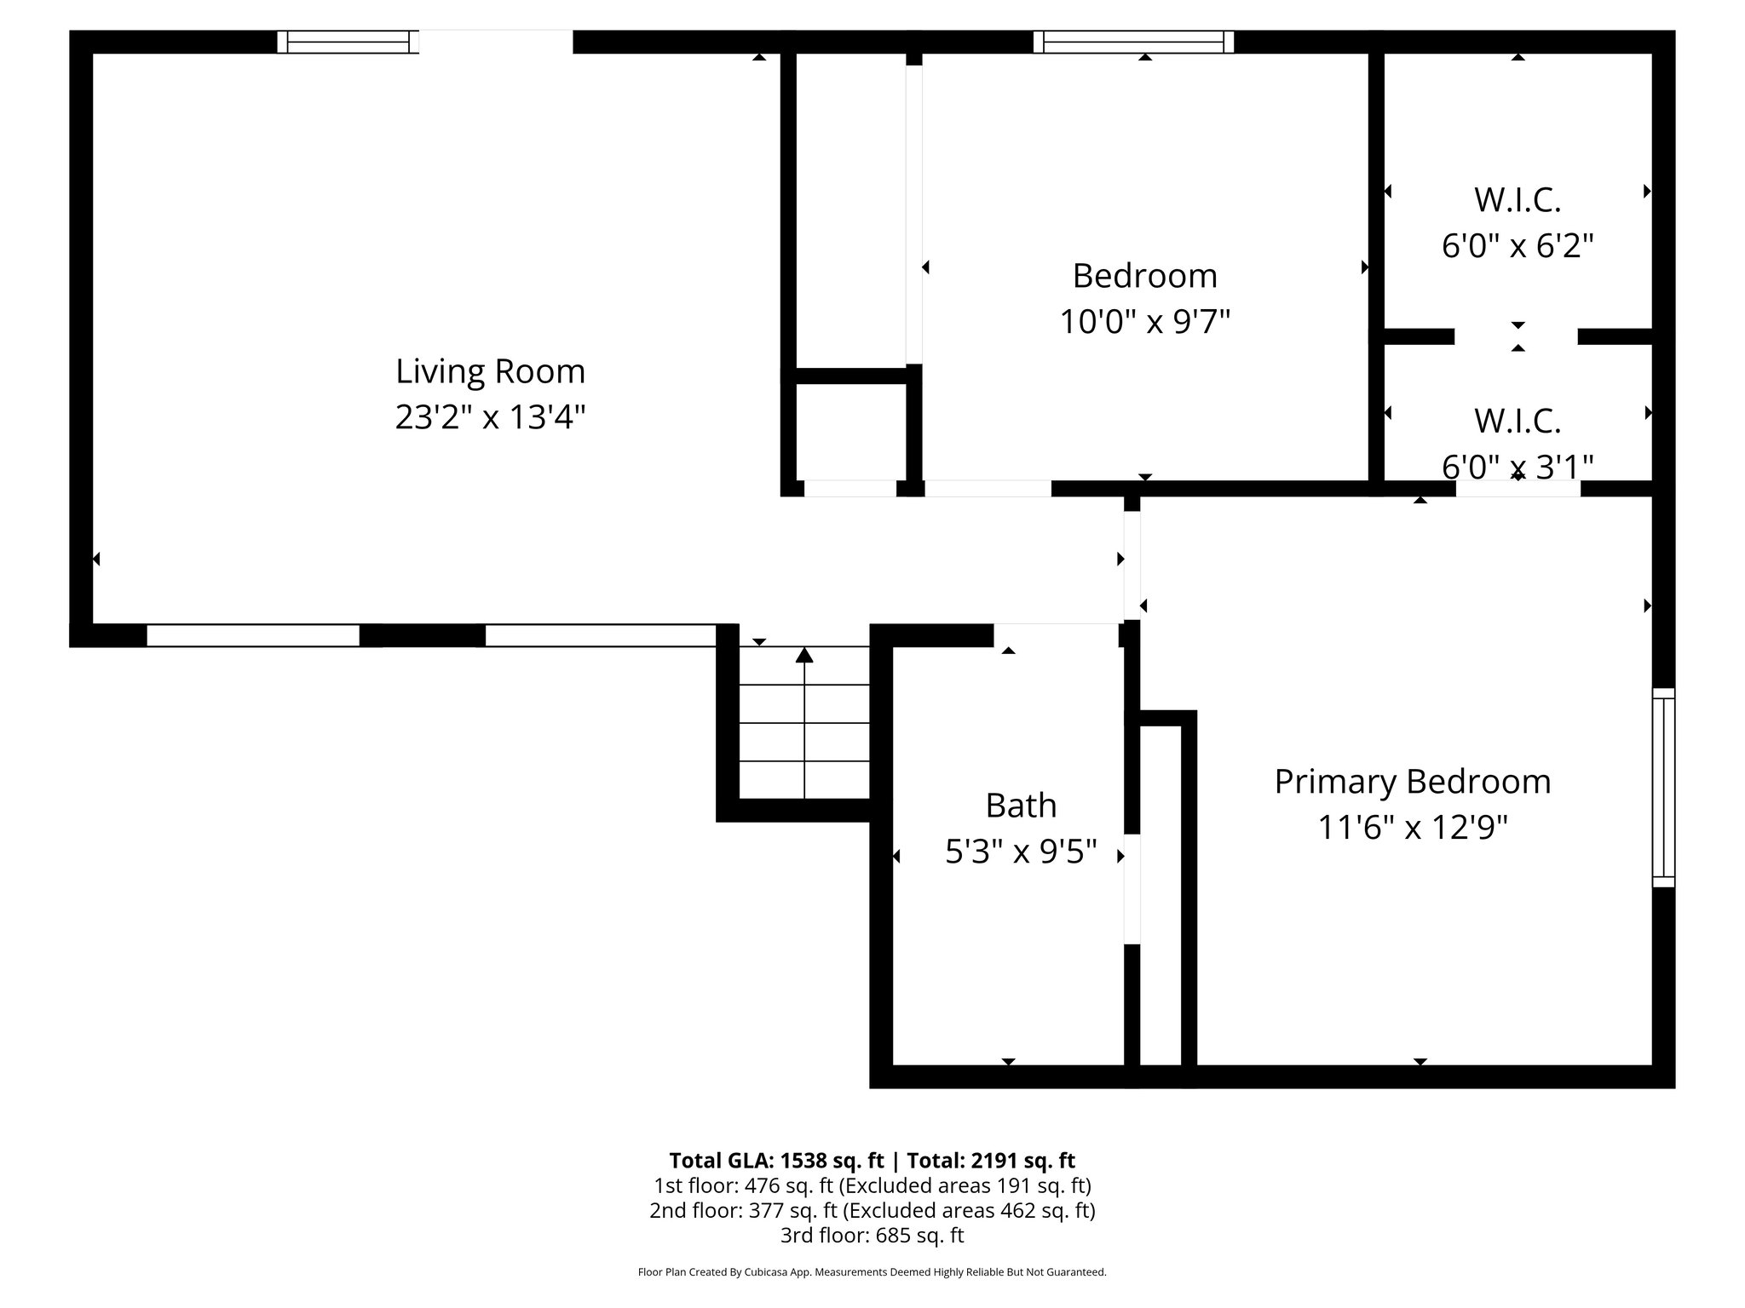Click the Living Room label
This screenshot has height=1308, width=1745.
click(490, 372)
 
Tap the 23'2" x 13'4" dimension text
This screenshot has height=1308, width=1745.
click(490, 418)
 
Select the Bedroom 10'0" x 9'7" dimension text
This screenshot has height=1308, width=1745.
click(1144, 323)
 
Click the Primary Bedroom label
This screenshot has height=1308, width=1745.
click(1412, 782)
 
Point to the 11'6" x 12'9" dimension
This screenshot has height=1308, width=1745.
click(1412, 828)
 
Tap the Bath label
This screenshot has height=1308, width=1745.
click(1021, 806)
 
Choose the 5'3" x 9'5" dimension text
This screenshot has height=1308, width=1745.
click(1021, 852)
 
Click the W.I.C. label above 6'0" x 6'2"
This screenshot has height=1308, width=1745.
click(1517, 201)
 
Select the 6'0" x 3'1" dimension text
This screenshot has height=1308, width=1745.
click(1517, 467)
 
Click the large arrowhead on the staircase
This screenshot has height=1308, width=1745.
click(804, 655)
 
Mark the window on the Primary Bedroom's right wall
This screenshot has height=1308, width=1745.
click(1663, 788)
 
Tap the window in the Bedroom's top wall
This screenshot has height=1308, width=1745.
click(1133, 42)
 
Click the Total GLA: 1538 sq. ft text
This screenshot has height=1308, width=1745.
click(777, 1161)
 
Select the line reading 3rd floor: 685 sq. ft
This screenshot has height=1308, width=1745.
click(872, 1235)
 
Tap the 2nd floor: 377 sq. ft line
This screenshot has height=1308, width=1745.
click(872, 1210)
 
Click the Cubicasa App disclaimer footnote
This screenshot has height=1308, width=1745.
click(872, 1272)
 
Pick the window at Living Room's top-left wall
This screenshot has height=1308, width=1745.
click(348, 42)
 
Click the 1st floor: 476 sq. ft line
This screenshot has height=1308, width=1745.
click(872, 1185)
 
